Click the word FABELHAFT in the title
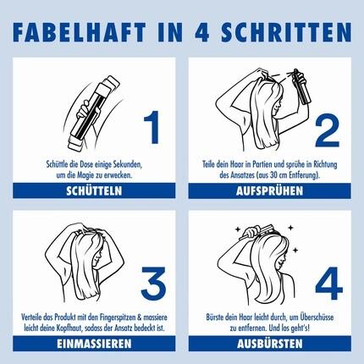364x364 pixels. tap(80, 32)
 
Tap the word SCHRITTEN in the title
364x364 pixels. tap(286, 32)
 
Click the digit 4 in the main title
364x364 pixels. tap(202, 32)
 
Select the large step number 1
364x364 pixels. tap(152, 127)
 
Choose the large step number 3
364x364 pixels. tap(153, 284)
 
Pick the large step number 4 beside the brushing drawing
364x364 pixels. tap(328, 284)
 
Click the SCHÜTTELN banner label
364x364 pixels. tap(94, 191)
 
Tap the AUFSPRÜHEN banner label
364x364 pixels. tap(269, 191)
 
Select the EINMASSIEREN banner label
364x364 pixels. tap(94, 344)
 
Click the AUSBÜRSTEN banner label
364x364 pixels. tap(269, 344)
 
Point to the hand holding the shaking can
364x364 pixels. tap(84, 109)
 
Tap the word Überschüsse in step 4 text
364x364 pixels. tap(317, 317)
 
